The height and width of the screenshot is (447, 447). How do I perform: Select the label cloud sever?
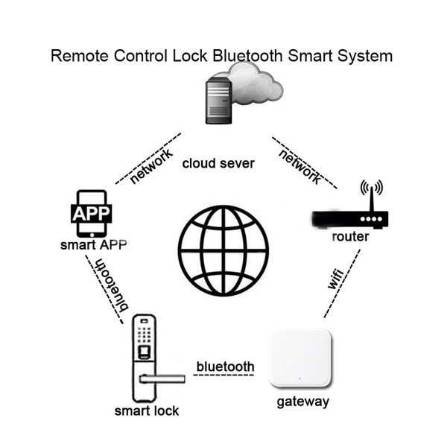click(218, 163)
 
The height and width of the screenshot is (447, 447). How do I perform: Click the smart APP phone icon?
click(91, 214)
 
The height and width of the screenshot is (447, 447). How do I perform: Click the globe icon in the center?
click(223, 250)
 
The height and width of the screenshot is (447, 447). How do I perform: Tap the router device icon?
click(350, 219)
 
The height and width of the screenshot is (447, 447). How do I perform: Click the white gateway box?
click(299, 358)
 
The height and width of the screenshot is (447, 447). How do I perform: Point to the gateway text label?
click(302, 402)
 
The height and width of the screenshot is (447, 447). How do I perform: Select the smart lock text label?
click(146, 410)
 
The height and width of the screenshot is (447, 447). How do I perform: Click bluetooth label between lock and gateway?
click(225, 367)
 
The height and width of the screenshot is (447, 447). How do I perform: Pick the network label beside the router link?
click(299, 165)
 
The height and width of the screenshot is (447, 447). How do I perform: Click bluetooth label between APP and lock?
click(108, 285)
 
